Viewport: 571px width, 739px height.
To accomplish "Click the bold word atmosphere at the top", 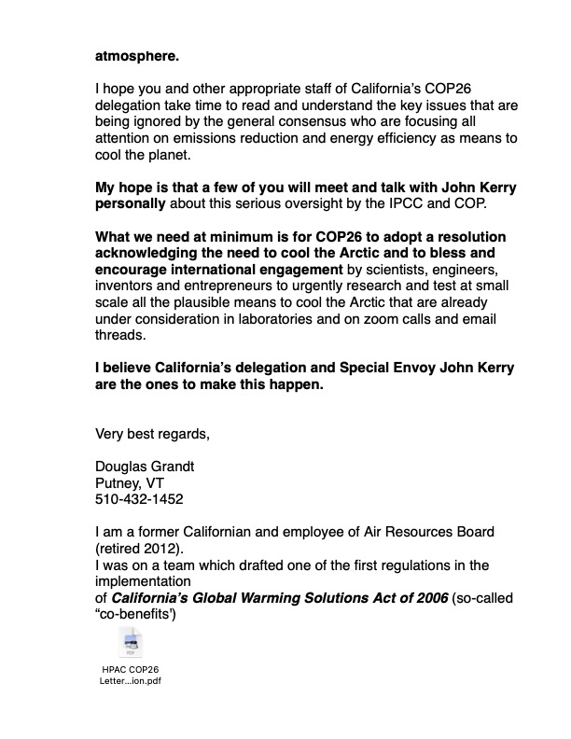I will coord(137,55).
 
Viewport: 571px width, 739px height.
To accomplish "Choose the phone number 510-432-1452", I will coord(139,499).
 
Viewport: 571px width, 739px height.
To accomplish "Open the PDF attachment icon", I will coord(130,644).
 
